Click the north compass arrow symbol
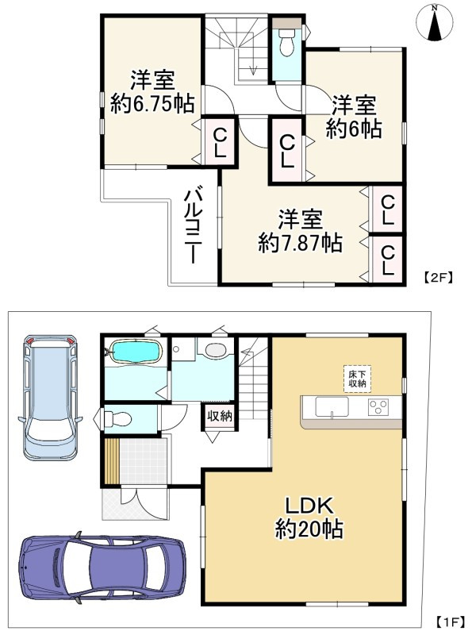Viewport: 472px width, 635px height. click(434, 23)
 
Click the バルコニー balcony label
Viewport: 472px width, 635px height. click(192, 225)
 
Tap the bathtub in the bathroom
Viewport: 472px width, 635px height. click(133, 350)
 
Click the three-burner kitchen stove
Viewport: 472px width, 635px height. click(378, 407)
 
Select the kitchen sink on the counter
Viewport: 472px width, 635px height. click(332, 407)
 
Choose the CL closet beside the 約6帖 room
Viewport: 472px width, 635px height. click(287, 150)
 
